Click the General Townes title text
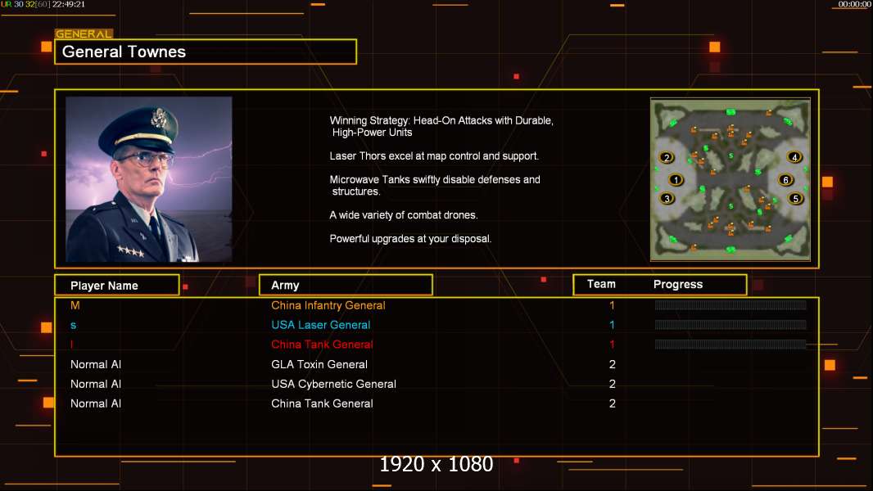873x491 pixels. (x=124, y=52)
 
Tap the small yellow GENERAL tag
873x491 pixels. (x=84, y=34)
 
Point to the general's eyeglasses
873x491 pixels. (x=146, y=159)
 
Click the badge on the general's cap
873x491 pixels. (x=159, y=118)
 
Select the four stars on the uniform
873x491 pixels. (x=130, y=250)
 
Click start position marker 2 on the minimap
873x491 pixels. (x=667, y=157)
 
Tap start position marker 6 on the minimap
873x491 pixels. (x=785, y=179)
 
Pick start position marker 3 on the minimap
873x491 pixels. (x=667, y=199)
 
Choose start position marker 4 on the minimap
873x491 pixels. (x=794, y=157)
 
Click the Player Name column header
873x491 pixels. (x=104, y=286)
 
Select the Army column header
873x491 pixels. (x=285, y=286)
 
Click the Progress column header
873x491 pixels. (x=678, y=284)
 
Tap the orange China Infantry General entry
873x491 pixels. (x=328, y=305)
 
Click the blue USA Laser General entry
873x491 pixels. (x=321, y=325)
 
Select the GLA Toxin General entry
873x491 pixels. (x=319, y=364)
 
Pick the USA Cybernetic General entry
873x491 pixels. (x=333, y=384)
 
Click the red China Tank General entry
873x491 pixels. (x=322, y=345)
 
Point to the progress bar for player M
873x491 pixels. (x=731, y=304)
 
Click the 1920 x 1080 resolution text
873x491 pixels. (x=436, y=464)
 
